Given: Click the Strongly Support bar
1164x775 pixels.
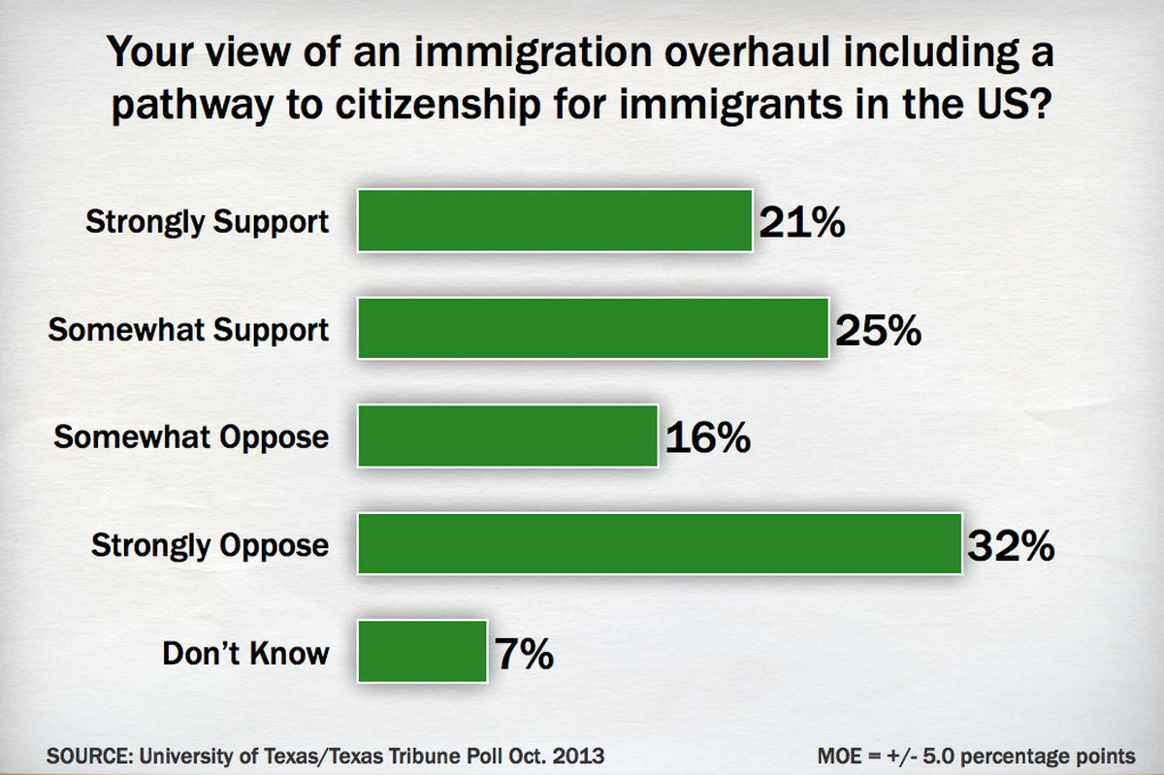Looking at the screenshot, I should (x=555, y=221).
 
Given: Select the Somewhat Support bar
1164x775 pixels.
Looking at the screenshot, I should (x=594, y=329).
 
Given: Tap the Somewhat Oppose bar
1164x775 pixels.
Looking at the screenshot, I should (x=508, y=436).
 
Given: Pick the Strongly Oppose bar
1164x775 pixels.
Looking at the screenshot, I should (x=660, y=544).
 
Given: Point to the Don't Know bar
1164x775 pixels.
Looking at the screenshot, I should (x=422, y=652).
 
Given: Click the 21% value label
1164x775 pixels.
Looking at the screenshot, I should (x=801, y=223).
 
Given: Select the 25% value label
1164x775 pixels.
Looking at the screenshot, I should (x=878, y=331).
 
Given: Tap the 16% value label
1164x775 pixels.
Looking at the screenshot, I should (x=707, y=438).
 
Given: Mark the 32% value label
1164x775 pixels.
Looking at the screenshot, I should (x=1010, y=546).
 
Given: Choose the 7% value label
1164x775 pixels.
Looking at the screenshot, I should (x=524, y=654).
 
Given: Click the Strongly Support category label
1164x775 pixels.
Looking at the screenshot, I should (x=208, y=222).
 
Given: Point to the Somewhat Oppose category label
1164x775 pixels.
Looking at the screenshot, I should (x=191, y=437).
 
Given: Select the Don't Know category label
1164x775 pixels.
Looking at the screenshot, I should (x=245, y=653).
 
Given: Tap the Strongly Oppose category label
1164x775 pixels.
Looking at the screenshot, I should (x=210, y=545).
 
